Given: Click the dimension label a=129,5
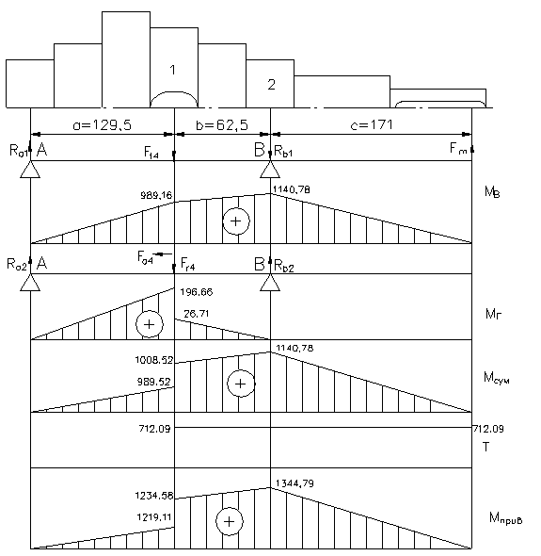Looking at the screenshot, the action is tap(102, 124).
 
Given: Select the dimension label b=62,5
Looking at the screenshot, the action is tap(222, 124).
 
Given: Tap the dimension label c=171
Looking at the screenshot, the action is tap(372, 124).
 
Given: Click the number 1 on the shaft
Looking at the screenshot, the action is tap(173, 70).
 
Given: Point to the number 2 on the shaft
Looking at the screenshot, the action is tap(271, 85).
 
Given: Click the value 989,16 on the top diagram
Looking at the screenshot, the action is tap(156, 195).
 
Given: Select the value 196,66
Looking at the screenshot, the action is tap(197, 292).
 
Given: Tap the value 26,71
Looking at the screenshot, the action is tap(196, 314).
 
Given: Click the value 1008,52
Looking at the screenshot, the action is tap(154, 360).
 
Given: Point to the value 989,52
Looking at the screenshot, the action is tap(154, 382).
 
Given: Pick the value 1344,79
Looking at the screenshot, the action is tap(294, 483).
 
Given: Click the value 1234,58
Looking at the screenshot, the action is tap(154, 496).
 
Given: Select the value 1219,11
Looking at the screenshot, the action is tap(154, 517).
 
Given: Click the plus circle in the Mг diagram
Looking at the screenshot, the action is tap(150, 324).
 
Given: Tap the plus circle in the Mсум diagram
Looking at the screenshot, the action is tap(241, 384).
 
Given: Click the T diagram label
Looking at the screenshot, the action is tap(486, 447).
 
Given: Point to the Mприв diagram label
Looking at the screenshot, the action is tap(505, 518).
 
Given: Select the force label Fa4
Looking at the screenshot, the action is tap(145, 257).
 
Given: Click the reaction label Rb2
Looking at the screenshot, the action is tap(284, 266).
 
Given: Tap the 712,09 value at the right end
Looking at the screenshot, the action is tap(488, 429).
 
